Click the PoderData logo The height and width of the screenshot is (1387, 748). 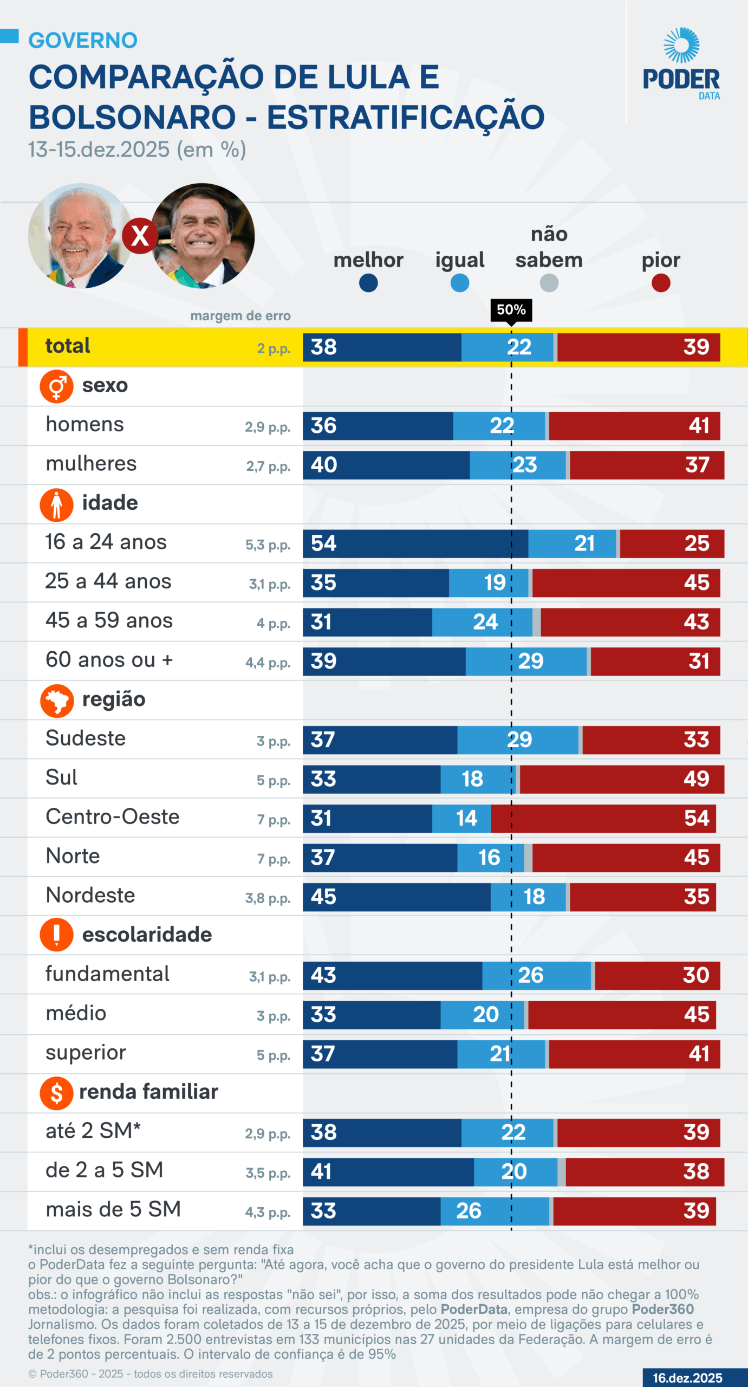681,64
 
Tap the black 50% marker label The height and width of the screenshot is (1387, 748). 511,310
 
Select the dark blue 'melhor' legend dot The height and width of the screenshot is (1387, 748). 368,283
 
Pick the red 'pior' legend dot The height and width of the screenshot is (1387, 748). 661,283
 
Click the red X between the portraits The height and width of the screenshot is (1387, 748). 140,236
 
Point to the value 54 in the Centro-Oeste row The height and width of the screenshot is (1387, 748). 696,818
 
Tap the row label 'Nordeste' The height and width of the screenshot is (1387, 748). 90,896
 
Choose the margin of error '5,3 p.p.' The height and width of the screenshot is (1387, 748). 268,545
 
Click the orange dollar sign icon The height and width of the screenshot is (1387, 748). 56,1093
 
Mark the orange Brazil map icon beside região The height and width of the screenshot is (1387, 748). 56,701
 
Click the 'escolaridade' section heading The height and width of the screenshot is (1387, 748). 147,935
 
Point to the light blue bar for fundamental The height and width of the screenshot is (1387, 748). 536,975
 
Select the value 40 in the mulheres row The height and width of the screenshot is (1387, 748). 323,465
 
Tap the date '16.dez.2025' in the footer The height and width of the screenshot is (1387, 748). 687,1378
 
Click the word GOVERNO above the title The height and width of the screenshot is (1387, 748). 83,41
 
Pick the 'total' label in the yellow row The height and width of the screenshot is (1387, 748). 68,346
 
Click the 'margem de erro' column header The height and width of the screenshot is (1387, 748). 240,316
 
